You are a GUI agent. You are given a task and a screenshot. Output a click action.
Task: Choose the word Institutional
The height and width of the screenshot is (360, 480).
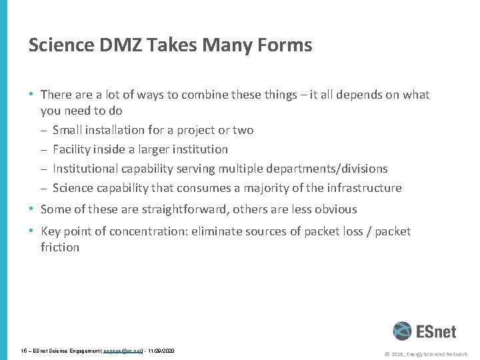tap(89, 169)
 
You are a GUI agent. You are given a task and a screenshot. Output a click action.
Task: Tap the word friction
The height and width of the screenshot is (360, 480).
tap(60, 247)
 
